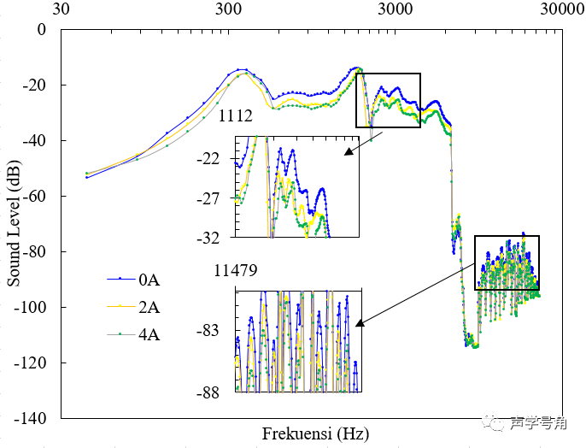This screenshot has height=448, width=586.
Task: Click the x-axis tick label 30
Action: pos(62,10)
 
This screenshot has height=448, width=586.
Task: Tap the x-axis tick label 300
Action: pos(228,10)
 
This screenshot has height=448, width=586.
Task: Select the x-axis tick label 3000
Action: pos(395,10)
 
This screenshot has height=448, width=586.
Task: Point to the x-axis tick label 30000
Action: pos(561,10)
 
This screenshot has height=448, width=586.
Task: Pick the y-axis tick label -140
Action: pos(32,418)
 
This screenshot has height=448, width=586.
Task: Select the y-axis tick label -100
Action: pos(32,307)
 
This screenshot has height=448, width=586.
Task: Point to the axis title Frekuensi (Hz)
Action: pos(315,433)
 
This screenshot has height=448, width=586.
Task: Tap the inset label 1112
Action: pos(235,116)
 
